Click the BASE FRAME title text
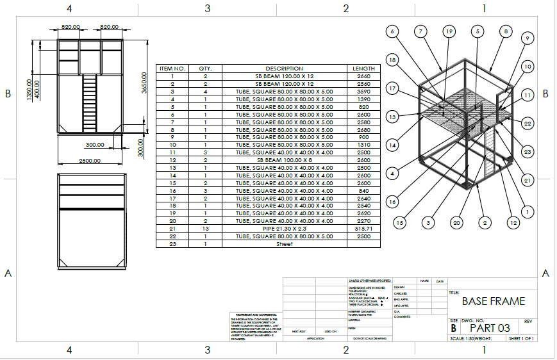(x=493, y=301)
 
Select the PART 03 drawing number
(x=490, y=328)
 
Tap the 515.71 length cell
(x=363, y=229)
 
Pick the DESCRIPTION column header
(x=284, y=69)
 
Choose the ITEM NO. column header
(x=172, y=69)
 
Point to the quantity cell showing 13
(x=205, y=229)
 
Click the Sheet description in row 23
(x=284, y=244)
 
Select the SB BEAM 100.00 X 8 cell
(x=284, y=160)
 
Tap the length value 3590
(x=363, y=92)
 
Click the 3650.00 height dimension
(x=144, y=83)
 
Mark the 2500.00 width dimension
(x=88, y=161)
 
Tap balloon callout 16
(x=393, y=202)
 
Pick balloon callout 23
(x=528, y=152)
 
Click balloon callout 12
(x=513, y=223)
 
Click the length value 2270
(x=363, y=221)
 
